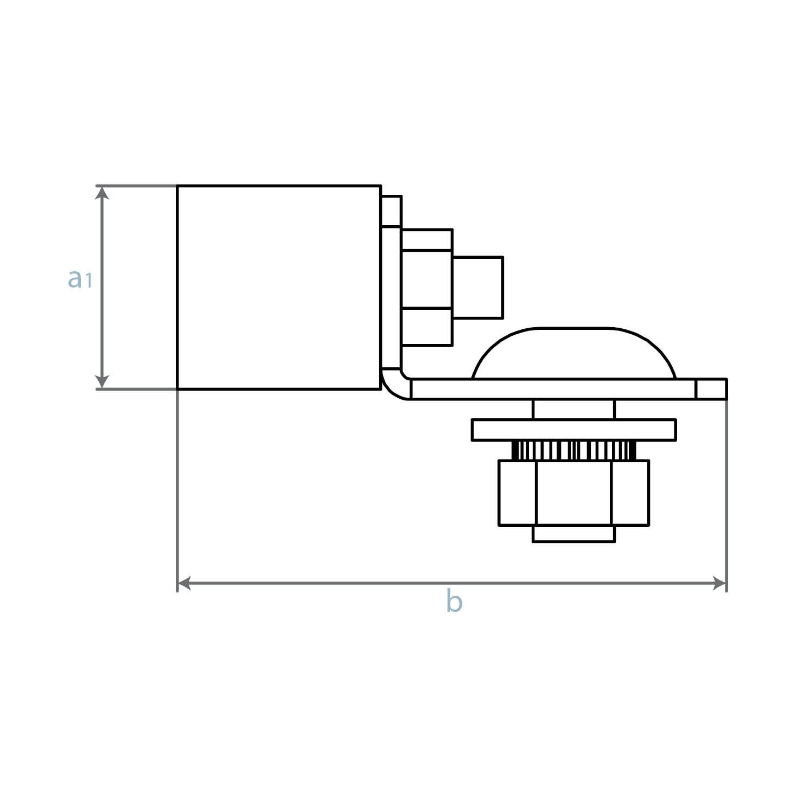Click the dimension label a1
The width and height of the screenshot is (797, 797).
point(80,278)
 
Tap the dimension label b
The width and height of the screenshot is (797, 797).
point(454,602)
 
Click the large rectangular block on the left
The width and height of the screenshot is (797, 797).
point(278,288)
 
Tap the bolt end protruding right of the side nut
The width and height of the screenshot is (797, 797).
point(477,287)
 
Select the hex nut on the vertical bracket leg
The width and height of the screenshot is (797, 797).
point(427,287)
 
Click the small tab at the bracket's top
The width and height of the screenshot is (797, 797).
point(391,211)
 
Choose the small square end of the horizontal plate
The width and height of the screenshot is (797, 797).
point(711,389)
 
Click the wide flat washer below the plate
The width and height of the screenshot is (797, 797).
point(574,430)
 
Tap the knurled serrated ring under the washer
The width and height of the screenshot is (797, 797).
point(574,450)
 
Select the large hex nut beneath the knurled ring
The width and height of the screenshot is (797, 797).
point(574,493)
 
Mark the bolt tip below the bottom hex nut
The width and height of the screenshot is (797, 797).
point(574,533)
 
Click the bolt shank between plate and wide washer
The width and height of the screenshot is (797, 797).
point(574,409)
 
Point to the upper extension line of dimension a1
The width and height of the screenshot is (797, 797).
point(136,186)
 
